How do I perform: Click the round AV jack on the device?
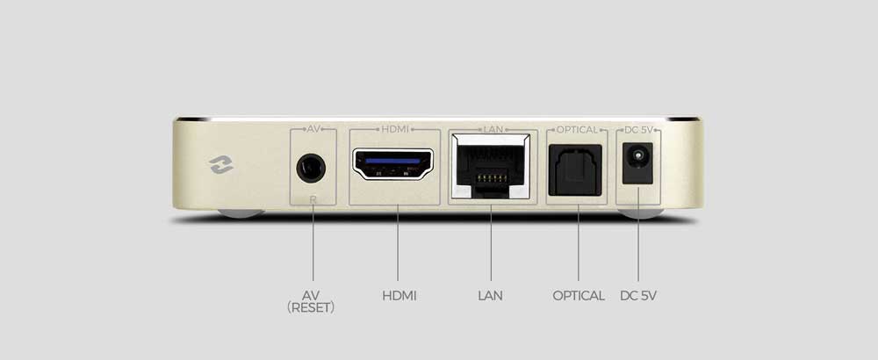tap(311, 168)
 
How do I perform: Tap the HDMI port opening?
tap(392, 164)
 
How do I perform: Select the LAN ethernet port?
tap(490, 166)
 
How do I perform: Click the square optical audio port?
tap(575, 169)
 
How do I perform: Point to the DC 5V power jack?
tap(637, 163)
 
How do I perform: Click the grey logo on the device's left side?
tap(221, 164)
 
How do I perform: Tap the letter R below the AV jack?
tap(313, 198)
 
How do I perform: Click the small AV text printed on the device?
tap(313, 129)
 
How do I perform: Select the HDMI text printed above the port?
tap(395, 129)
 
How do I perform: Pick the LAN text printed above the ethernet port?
tap(493, 129)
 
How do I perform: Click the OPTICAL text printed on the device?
tap(578, 130)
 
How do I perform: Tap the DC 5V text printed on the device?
tap(638, 130)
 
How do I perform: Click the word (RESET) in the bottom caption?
tap(311, 307)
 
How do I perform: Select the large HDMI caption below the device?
tap(399, 296)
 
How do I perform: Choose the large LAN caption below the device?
tap(491, 296)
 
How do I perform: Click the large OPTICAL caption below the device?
tap(579, 296)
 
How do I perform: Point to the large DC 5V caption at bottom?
tap(638, 296)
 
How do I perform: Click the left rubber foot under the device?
tap(241, 213)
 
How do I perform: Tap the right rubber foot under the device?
tap(641, 213)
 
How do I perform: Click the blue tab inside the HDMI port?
tap(392, 161)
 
